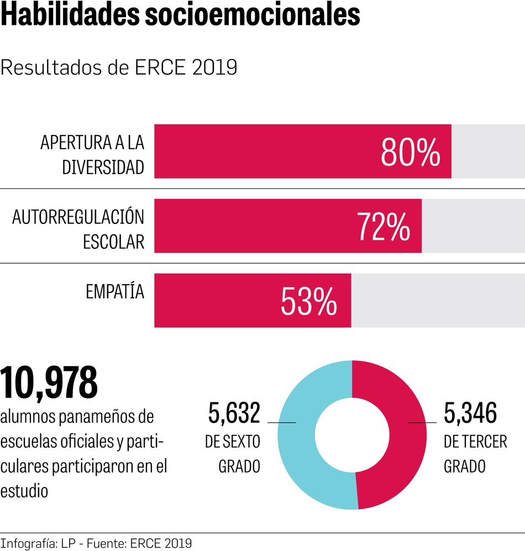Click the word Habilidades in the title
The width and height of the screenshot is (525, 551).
(70, 17)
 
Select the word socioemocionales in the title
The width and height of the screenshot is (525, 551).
(251, 17)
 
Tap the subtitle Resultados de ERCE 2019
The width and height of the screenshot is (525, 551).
(119, 68)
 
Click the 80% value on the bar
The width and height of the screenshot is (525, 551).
(410, 153)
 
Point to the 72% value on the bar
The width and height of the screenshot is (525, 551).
(384, 227)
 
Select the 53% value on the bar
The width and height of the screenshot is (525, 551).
(309, 302)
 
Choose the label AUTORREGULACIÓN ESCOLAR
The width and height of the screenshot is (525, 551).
(78, 229)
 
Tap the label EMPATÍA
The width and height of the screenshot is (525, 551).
(115, 292)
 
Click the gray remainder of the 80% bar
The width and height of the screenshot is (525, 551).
(488, 151)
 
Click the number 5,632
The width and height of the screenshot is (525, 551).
(234, 413)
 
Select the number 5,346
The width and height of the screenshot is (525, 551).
(470, 413)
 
